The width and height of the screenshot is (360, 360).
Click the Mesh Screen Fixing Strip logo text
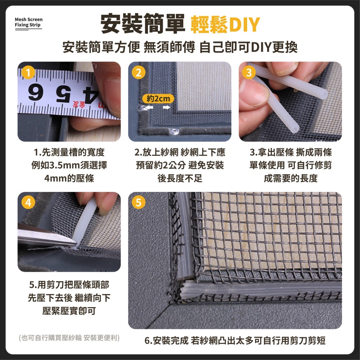click(28, 22)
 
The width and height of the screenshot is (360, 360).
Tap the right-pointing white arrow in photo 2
click(167, 107)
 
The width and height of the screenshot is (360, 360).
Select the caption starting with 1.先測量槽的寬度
click(69, 153)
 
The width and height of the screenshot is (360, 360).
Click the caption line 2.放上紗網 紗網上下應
click(180, 153)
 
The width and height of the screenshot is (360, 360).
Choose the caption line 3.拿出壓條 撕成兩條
click(290, 153)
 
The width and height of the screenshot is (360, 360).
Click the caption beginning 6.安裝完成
click(235, 340)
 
